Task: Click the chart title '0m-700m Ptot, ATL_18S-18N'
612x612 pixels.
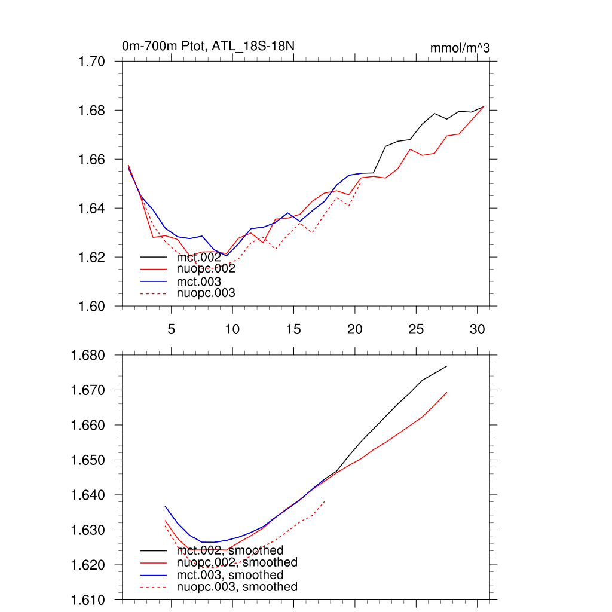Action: pos(208,46)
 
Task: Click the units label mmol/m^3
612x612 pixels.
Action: pos(460,48)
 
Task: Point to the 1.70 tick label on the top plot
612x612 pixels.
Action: pos(92,62)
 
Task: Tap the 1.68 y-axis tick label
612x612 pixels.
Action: pos(92,111)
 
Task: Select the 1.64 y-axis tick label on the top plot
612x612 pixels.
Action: pos(92,209)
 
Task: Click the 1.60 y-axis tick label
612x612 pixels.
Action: pos(92,306)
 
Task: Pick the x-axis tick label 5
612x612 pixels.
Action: pos(172,329)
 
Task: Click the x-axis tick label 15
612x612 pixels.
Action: pos(293,329)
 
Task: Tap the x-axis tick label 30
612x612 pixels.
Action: pos(477,329)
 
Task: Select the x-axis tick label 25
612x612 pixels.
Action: pos(416,329)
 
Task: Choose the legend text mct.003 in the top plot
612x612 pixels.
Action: pos(199,281)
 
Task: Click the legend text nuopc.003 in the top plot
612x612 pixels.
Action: pos(206,293)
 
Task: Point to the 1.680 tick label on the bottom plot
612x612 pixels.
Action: pos(88,356)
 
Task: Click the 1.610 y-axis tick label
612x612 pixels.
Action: pos(88,600)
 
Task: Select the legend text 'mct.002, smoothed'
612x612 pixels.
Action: pos(230,550)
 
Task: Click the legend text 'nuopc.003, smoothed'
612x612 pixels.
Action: pos(237,587)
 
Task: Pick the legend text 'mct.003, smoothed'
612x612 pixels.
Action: pos(230,575)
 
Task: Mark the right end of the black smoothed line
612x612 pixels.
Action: pos(447,366)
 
